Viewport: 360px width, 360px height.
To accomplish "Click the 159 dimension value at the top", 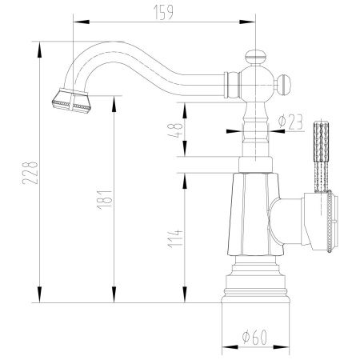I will (x=165, y=10).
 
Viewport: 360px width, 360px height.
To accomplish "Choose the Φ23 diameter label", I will (x=289, y=121).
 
